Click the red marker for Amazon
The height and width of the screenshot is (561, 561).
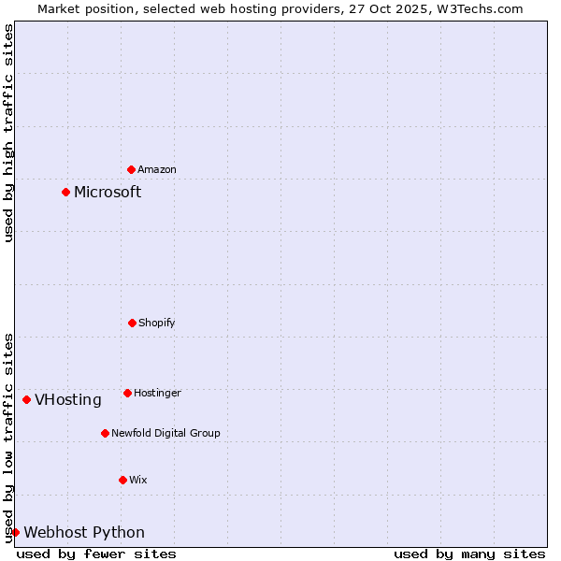132,169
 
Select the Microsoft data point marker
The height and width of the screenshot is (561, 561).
66,193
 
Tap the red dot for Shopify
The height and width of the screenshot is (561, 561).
132,323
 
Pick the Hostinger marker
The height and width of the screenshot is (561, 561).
127,393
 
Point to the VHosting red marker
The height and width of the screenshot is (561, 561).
27,400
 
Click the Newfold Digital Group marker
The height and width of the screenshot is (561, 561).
105,433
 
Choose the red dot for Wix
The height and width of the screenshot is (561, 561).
122,480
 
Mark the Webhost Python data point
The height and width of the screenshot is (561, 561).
16,533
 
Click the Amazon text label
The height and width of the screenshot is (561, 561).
157,169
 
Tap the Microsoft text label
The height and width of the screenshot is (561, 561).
108,193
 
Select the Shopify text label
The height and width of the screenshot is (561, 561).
157,323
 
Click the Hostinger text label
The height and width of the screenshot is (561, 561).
157,393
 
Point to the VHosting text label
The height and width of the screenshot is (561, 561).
68,400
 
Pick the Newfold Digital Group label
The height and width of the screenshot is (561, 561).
165,433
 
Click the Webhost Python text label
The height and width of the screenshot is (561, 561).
84,533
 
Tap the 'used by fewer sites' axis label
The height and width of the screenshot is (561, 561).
96,554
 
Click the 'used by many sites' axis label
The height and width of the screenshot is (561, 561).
469,554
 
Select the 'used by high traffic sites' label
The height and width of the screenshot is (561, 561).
8,133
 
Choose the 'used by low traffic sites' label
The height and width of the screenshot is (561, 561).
8,438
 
